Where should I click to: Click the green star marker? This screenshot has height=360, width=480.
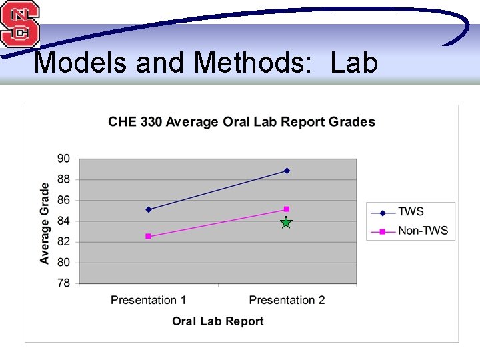point(286,223)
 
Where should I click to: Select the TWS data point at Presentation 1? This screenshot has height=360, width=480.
point(148,209)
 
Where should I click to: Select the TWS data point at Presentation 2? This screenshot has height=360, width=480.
point(287,171)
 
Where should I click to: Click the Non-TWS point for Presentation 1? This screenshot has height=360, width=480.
point(148,236)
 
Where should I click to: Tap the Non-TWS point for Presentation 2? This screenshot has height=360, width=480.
point(287,209)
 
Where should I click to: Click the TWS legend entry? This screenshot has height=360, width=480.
point(410,212)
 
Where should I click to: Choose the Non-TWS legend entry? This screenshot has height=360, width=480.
point(422,231)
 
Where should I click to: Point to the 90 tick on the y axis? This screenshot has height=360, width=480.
point(63,159)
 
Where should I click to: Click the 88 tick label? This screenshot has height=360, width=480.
point(63,179)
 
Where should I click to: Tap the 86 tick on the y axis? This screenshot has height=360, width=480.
point(63,200)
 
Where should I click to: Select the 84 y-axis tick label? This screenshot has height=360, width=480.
point(63,221)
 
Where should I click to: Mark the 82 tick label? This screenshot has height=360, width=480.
point(63,242)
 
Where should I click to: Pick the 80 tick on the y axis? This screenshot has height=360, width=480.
point(63,263)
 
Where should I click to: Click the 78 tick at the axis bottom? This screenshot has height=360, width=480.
point(63,283)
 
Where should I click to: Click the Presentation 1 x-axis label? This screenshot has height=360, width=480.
point(149,300)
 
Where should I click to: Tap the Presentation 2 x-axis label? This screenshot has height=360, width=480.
point(287,300)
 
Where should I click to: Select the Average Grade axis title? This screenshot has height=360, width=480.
point(45,223)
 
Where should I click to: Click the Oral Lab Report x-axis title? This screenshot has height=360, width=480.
point(217,321)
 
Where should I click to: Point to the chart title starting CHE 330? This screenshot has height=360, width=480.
point(241,122)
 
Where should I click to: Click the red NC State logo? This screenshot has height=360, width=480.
point(19,24)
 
